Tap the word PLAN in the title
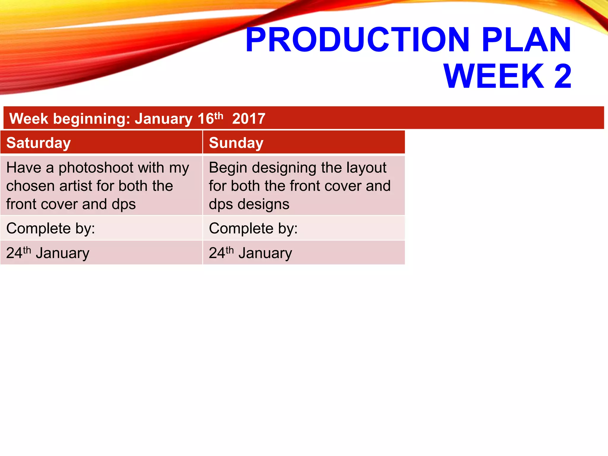pyautogui.click(x=526, y=40)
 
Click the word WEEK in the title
pyautogui.click(x=494, y=76)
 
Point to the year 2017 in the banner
pyautogui.click(x=249, y=119)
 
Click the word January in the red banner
pyautogui.click(x=164, y=119)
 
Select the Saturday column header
pyautogui.click(x=39, y=143)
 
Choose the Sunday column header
pyautogui.click(x=236, y=143)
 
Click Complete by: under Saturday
pyautogui.click(x=50, y=229)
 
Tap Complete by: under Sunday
pyautogui.click(x=253, y=229)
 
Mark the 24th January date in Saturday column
pyautogui.click(x=47, y=253)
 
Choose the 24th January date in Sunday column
pyautogui.click(x=250, y=253)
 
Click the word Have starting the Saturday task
pyautogui.click(x=23, y=168)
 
